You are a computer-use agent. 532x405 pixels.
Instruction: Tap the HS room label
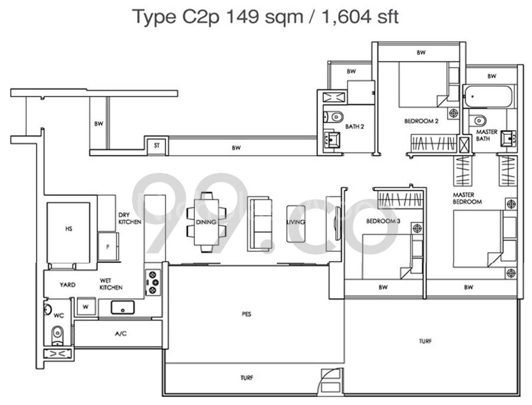coord(69,229)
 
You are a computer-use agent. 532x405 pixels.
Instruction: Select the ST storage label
coord(157,145)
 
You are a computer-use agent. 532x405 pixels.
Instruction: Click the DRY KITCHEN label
coord(129,218)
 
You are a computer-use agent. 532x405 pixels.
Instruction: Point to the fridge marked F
coord(108,247)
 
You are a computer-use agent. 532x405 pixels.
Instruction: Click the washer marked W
coord(86,307)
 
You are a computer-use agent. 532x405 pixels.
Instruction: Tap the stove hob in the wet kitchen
coord(153,282)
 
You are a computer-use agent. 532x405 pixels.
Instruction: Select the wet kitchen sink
coord(122,307)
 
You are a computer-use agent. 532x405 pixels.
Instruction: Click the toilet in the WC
coord(57,335)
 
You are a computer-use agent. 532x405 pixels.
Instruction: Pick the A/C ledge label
coord(121,333)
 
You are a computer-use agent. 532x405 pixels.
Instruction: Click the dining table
coord(206,222)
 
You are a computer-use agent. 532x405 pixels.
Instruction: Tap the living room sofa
coord(259,223)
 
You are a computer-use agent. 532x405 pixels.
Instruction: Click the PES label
coord(246,315)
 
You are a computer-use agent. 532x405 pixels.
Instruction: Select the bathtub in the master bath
coord(488,96)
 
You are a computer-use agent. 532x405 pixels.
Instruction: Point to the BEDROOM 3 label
coord(383,221)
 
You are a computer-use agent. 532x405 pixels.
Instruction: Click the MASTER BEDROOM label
coord(467,198)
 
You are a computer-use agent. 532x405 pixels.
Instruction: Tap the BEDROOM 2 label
coord(421,121)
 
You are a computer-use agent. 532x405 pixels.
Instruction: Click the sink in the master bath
coord(508,138)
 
